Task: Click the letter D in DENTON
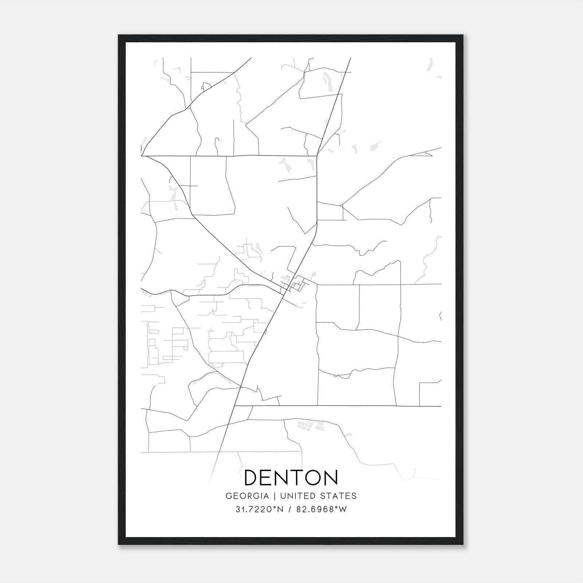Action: tap(252, 478)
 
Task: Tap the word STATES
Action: tap(341, 496)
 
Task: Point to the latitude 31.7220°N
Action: tap(259, 509)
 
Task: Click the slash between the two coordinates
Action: tap(289, 509)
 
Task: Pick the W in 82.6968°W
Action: tap(343, 509)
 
